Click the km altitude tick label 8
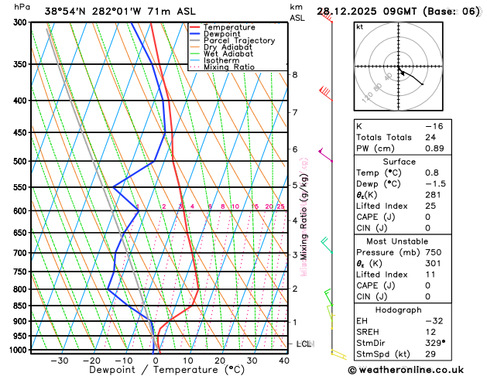294,74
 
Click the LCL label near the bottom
304,344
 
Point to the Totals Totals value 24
430,137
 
